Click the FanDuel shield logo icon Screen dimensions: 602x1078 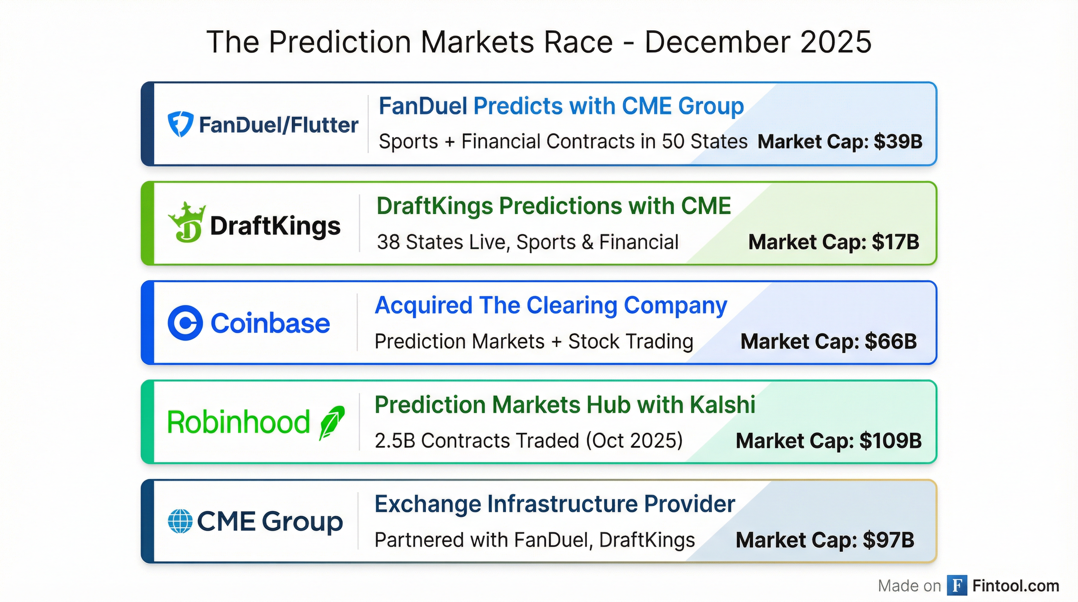tap(180, 124)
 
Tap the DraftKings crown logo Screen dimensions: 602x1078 tap(186, 223)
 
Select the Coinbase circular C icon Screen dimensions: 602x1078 tap(185, 323)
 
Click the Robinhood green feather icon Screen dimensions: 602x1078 tap(332, 422)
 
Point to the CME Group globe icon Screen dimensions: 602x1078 tap(180, 521)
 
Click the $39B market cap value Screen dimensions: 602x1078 tap(898, 141)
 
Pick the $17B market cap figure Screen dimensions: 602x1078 tap(895, 242)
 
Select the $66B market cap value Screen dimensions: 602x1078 tap(891, 341)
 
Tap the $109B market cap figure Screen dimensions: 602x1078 tap(890, 441)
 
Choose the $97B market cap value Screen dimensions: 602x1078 tap(888, 540)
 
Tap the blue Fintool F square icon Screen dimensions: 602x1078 tap(957, 585)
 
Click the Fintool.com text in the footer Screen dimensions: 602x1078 tap(1016, 586)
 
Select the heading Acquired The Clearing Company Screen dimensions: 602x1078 tap(551, 305)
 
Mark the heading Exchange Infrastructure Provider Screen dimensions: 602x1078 tap(555, 504)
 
